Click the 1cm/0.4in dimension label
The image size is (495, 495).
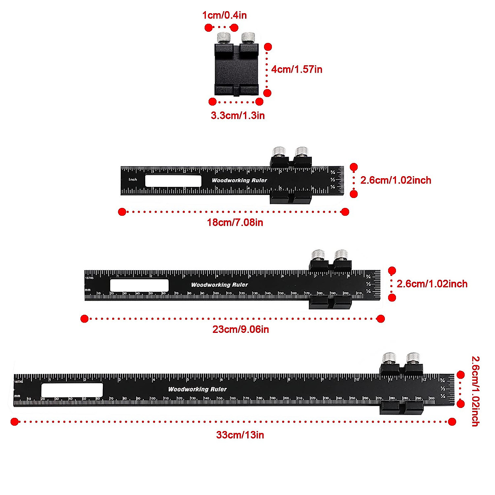(x=224, y=16)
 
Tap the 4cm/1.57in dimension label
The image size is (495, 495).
(x=297, y=69)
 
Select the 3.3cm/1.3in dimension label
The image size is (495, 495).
(x=238, y=115)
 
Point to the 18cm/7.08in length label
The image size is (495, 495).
(x=235, y=223)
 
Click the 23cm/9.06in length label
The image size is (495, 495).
(x=241, y=330)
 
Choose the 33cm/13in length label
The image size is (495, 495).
(x=240, y=435)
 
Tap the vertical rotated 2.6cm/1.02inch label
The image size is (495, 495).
(x=475, y=391)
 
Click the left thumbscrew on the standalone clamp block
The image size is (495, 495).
(x=224, y=38)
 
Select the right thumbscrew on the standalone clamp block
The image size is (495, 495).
(x=248, y=38)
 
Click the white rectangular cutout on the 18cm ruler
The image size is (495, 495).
(x=173, y=181)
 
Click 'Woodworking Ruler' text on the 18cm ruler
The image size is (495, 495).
(x=239, y=180)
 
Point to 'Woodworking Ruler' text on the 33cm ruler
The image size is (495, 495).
(x=197, y=389)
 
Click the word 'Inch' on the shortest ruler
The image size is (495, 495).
(x=133, y=179)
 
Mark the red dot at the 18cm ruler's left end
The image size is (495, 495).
(x=122, y=212)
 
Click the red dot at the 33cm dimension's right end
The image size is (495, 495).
(x=452, y=422)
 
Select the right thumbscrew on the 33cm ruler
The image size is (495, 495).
(x=412, y=358)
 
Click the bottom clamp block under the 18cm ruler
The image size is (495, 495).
(x=291, y=199)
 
